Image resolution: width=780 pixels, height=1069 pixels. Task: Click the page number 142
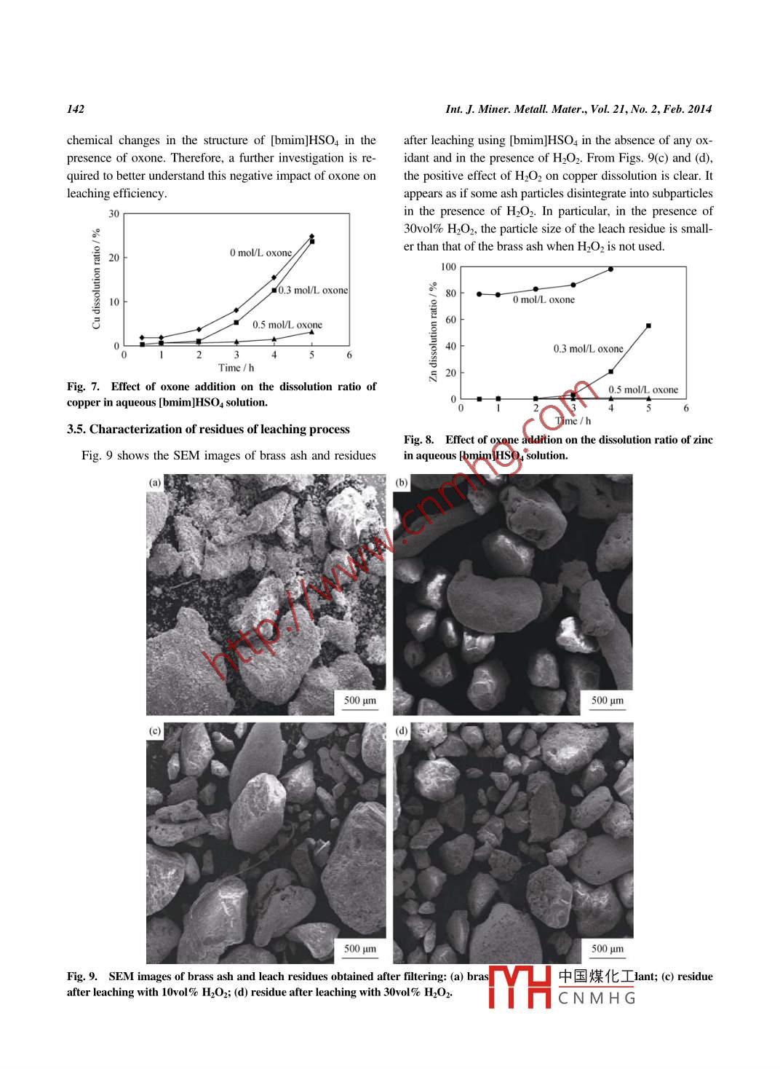coord(76,109)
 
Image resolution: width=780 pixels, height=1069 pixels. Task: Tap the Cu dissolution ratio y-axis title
coord(96,279)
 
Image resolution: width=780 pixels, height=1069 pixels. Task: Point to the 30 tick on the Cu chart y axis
coord(114,213)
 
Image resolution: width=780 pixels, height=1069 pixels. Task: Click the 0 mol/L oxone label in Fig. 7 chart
coord(260,253)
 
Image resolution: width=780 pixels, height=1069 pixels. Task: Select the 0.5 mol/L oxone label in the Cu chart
coord(287,325)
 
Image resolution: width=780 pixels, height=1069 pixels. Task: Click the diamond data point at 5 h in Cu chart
coord(311,236)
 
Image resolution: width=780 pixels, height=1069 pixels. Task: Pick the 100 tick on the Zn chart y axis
coord(448,267)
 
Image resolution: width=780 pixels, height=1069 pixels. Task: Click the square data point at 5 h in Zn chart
coord(648,326)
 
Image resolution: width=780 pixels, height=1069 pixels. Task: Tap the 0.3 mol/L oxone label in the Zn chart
coord(588,349)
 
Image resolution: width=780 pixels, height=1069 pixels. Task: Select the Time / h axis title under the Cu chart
coord(236,368)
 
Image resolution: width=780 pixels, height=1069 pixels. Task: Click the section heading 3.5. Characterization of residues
coord(208,429)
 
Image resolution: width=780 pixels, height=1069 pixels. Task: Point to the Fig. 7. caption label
coord(82,387)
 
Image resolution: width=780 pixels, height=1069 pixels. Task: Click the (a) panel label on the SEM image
coord(155,482)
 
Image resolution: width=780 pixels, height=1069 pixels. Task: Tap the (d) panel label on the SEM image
coord(402,730)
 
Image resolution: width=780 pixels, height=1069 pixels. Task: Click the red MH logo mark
coord(520,987)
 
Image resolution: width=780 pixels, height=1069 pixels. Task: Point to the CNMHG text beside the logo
coord(597,998)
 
